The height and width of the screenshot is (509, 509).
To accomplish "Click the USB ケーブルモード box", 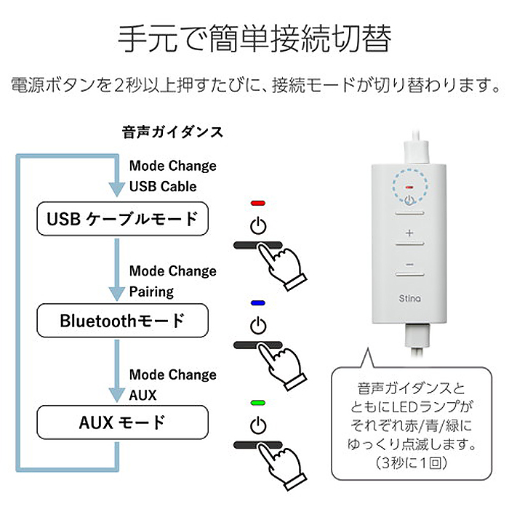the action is click(122, 218).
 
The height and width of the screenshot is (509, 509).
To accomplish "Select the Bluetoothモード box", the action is click(122, 321).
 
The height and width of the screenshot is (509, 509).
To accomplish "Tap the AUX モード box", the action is click(122, 422).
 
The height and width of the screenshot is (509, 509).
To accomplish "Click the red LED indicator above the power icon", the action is click(258, 203).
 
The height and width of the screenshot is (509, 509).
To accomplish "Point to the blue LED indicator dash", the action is click(258, 303).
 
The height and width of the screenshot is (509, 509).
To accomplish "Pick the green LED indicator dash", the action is click(258, 403).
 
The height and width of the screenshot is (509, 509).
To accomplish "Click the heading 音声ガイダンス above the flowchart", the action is click(173, 132).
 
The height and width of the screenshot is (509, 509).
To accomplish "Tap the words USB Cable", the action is click(163, 186).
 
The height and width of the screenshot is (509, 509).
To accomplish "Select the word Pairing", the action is click(151, 292).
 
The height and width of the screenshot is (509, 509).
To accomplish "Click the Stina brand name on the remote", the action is click(409, 298).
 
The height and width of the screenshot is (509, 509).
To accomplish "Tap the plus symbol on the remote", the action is click(409, 233).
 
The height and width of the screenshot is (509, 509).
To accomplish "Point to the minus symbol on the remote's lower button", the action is click(409, 265).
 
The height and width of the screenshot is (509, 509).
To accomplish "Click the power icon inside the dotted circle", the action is click(409, 200).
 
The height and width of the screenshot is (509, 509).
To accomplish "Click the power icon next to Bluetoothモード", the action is click(258, 326).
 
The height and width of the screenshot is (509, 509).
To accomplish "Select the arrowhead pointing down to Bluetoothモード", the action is click(116, 294).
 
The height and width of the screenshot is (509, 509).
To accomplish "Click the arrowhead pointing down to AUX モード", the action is click(116, 396).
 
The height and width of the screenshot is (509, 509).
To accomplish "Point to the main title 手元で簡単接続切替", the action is click(254, 39).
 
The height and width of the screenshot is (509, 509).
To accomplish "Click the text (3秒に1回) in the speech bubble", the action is click(412, 463).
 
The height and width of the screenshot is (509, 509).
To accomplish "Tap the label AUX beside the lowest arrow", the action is click(143, 396).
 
